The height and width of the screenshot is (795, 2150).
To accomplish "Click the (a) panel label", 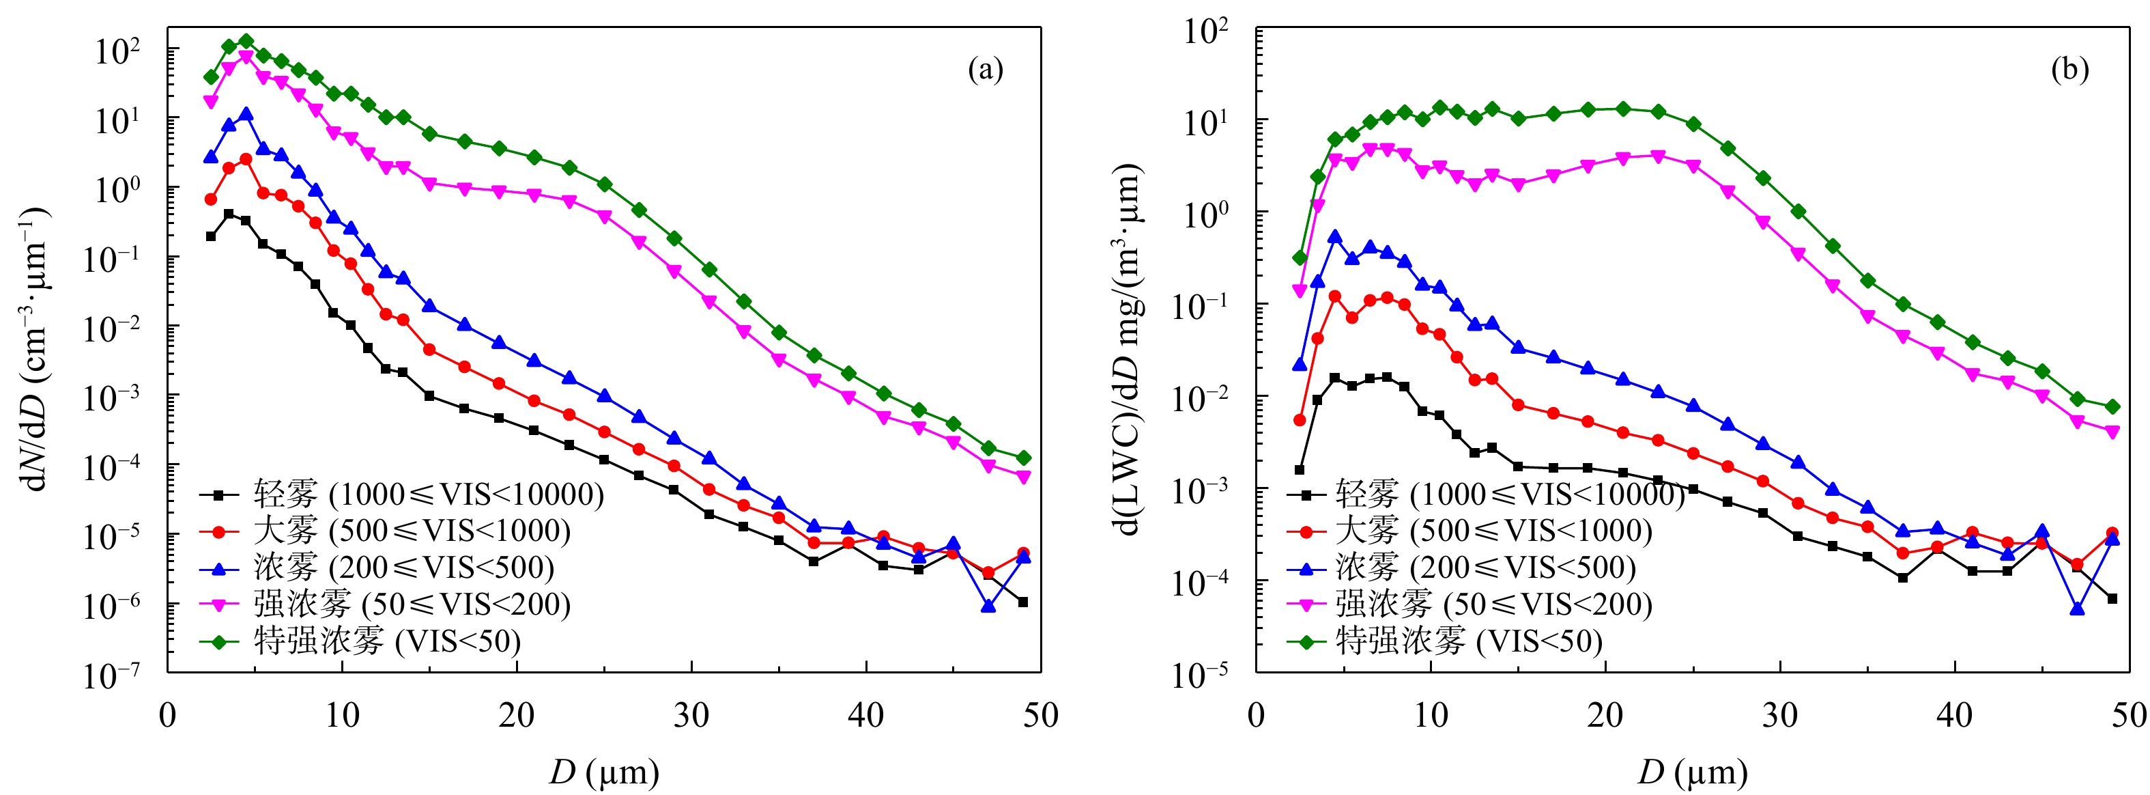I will (985, 69).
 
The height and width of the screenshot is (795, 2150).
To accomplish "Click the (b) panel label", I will (2070, 69).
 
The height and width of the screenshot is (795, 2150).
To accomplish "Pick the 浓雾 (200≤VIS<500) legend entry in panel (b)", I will (1486, 568).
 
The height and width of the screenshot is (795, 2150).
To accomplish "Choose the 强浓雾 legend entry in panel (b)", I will (1494, 604).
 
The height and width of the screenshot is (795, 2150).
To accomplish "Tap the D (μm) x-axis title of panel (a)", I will (604, 772).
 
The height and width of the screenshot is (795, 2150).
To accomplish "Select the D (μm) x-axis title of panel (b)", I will (1693, 772).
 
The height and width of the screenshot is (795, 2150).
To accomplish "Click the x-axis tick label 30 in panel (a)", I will (691, 716).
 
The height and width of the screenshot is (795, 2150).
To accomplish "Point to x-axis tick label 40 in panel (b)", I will (1955, 716).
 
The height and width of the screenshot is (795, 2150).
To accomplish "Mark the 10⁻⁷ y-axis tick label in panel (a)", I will (111, 675).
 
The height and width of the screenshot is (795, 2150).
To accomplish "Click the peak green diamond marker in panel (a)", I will (246, 41).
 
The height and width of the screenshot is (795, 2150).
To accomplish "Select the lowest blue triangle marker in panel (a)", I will (988, 606).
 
